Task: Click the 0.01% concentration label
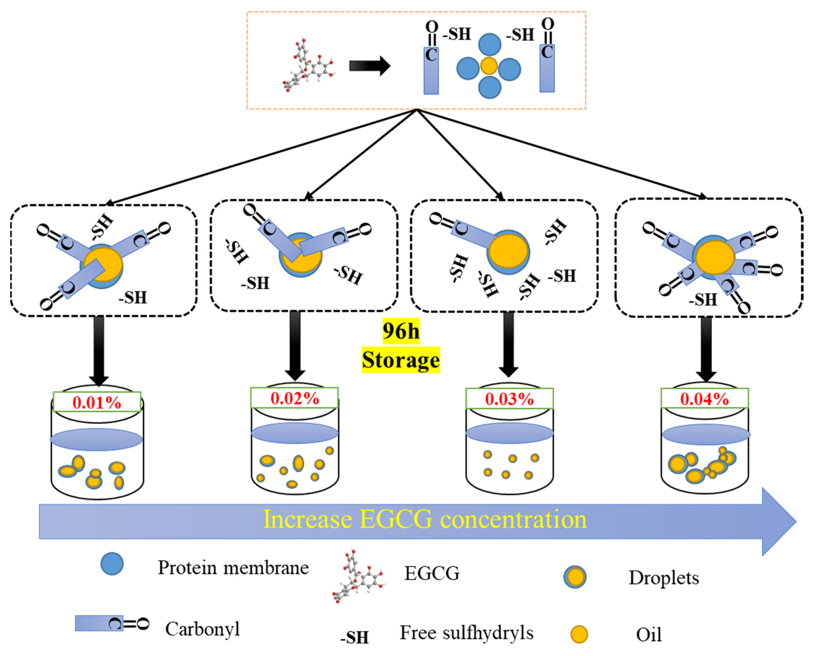(x=97, y=402)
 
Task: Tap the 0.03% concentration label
(x=509, y=399)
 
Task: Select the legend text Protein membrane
(x=233, y=568)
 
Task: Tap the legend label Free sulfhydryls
(x=467, y=632)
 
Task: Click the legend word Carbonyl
(x=203, y=629)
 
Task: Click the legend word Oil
(x=649, y=635)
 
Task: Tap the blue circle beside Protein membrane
(x=112, y=564)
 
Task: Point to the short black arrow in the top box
(x=369, y=66)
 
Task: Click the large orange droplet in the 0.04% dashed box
(x=715, y=257)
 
